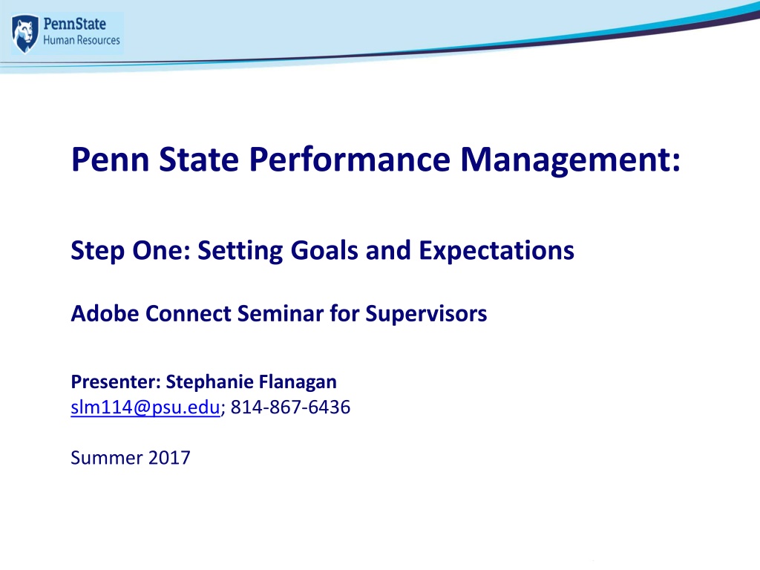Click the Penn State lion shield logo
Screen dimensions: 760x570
click(24, 33)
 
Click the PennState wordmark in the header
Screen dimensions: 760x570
click(75, 24)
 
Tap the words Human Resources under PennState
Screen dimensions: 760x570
click(82, 40)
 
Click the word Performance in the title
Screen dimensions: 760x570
click(350, 160)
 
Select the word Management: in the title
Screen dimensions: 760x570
click(571, 161)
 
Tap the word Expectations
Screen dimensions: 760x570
click(497, 252)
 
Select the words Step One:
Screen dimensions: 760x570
click(131, 252)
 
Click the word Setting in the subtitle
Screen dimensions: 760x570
click(240, 252)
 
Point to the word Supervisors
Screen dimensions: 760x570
click(426, 314)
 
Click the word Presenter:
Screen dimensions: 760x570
click(116, 382)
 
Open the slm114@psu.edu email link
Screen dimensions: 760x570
click(145, 407)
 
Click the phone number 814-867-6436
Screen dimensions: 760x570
click(290, 407)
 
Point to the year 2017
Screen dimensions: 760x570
click(169, 458)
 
